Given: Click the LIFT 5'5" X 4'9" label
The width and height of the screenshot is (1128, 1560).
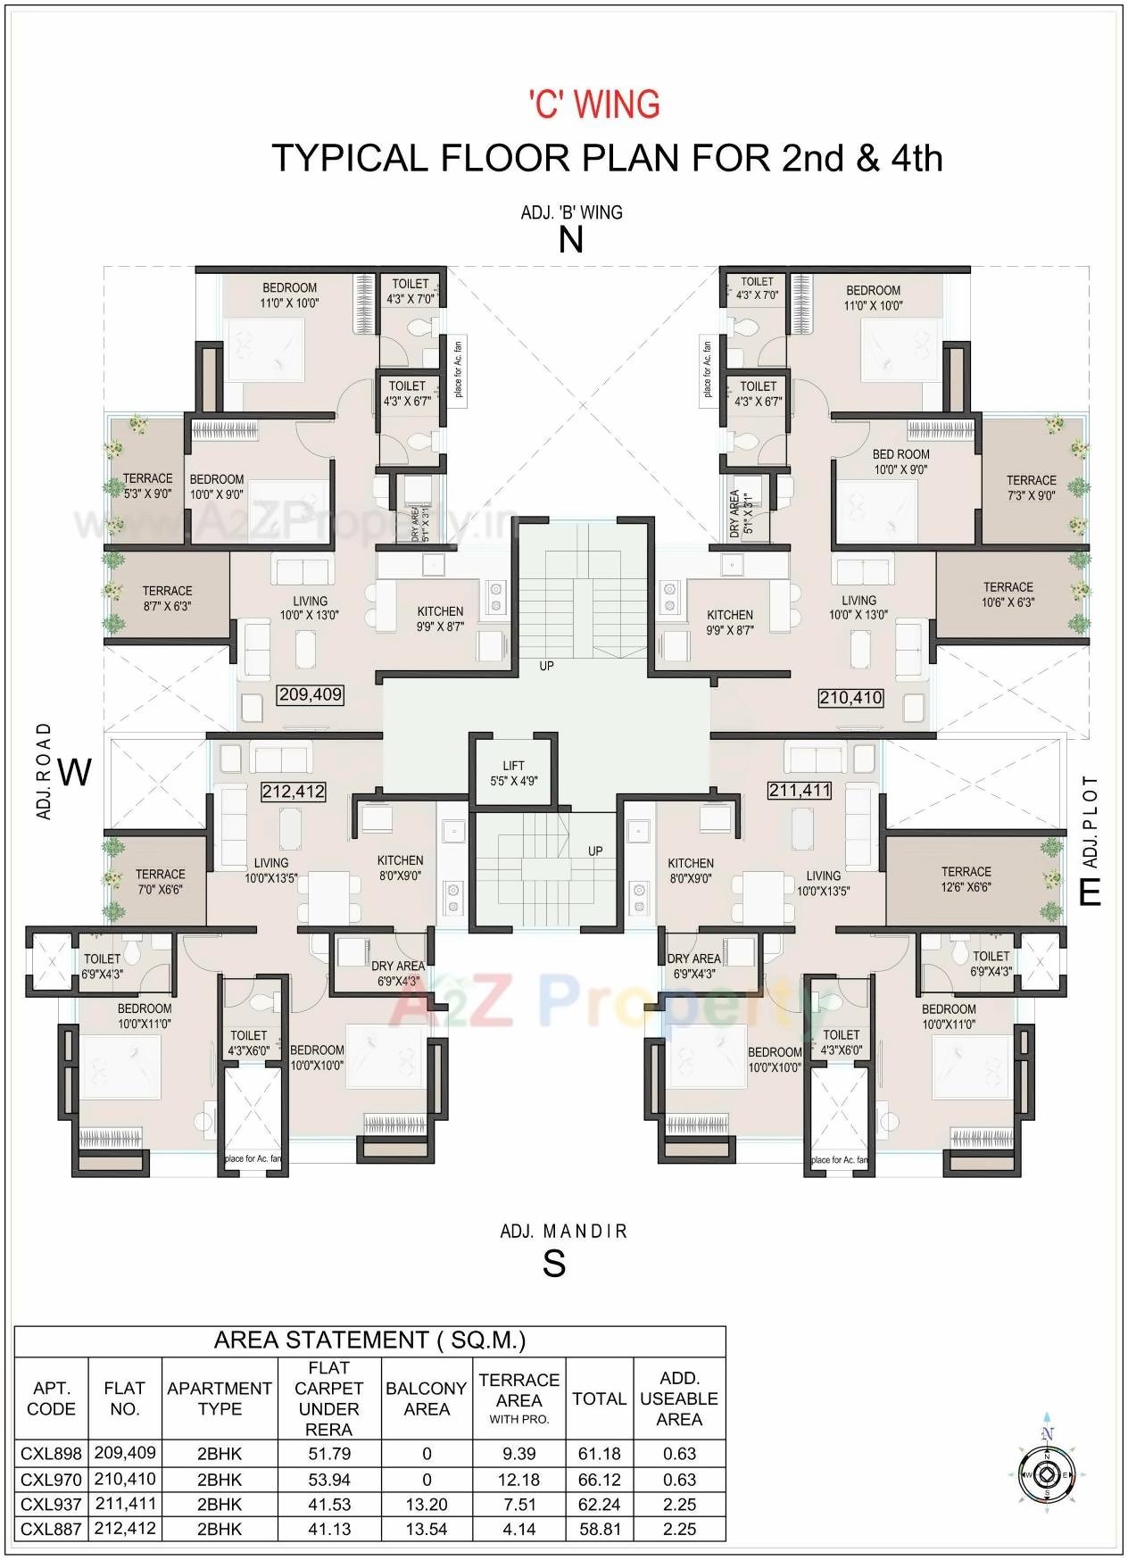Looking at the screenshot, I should click(513, 773).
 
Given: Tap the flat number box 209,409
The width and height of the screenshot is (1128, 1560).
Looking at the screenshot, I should click(310, 694).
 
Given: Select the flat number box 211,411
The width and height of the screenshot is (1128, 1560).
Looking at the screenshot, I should click(800, 790).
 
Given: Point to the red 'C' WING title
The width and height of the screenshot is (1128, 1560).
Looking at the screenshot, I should click(594, 104).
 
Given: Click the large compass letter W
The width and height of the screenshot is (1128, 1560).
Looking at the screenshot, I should click(75, 772).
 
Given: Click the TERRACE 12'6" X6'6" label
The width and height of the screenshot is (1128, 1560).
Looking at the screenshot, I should click(966, 879).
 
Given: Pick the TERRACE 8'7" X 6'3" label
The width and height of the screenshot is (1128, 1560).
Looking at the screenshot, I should click(167, 598).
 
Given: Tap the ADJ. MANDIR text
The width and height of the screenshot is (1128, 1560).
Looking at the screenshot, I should click(563, 1232).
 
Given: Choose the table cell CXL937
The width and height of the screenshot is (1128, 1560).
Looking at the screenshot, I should click(51, 1504).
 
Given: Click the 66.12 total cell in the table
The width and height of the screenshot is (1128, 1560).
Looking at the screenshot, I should click(599, 1479).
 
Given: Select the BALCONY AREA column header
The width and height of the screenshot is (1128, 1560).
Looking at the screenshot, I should click(426, 1398).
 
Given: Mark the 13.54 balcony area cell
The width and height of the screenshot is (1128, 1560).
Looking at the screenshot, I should click(426, 1529).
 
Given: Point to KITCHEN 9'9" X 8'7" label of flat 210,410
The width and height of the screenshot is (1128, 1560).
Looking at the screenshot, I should click(730, 622).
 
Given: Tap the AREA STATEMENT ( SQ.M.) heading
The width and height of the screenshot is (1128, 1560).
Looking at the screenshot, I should click(369, 1340).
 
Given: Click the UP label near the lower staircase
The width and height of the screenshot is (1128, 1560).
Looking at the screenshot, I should click(595, 851).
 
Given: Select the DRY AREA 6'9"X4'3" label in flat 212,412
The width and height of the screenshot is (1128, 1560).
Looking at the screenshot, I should click(397, 973).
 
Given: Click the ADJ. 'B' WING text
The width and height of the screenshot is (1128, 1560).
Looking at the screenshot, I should click(571, 212).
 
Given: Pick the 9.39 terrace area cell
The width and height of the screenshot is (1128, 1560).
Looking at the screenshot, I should click(518, 1454).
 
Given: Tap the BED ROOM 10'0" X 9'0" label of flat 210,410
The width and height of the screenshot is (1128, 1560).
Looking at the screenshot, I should click(900, 461).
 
